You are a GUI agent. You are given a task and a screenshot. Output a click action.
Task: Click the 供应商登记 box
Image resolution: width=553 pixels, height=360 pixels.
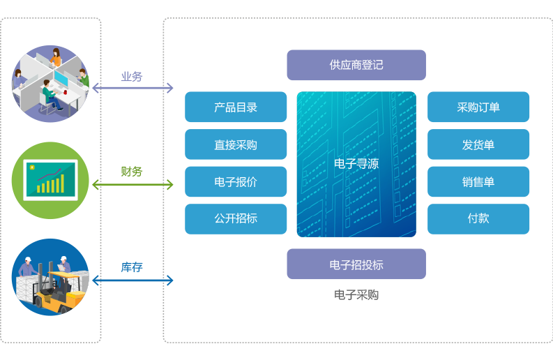pos(356,65)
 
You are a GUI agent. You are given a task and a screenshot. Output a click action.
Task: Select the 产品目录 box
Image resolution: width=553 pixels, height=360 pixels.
pos(236,107)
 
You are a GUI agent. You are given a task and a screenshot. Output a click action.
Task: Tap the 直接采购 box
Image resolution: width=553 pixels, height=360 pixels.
pos(236,144)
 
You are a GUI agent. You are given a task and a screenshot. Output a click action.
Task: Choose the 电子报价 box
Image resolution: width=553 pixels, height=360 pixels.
pos(236,181)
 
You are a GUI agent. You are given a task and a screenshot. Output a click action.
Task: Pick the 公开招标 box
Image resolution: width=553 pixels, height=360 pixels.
pos(236,218)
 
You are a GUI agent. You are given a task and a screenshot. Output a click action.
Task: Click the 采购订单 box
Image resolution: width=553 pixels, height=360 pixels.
pos(478,107)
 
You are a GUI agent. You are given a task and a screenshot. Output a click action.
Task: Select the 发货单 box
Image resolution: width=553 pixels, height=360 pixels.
pos(478,144)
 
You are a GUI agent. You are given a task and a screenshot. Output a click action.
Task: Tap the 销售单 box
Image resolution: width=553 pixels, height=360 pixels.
pos(478,181)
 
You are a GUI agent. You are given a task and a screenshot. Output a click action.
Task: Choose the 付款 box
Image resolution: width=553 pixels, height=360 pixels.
pos(478,218)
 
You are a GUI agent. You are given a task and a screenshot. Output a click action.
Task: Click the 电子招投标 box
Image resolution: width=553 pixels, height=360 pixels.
pos(356,264)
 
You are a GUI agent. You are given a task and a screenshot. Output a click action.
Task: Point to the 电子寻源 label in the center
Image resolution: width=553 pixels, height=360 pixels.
pos(356,164)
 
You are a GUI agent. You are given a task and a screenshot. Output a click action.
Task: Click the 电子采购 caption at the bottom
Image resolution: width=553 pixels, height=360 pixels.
pos(356,295)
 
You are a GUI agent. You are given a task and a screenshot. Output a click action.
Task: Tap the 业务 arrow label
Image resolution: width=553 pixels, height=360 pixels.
pos(132,76)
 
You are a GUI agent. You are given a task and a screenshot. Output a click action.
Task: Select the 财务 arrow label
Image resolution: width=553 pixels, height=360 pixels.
pos(132,171)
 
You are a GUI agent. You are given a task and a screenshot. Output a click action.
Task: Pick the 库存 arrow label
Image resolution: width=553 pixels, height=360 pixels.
pos(132,267)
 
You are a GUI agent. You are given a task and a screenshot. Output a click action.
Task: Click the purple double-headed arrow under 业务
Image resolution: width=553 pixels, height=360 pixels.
pos(132,88)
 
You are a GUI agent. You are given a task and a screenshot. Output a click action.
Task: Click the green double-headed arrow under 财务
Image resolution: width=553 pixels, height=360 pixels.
pos(132,184)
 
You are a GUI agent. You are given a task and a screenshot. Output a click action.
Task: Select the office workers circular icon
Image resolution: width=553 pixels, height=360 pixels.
pos(50,84)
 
